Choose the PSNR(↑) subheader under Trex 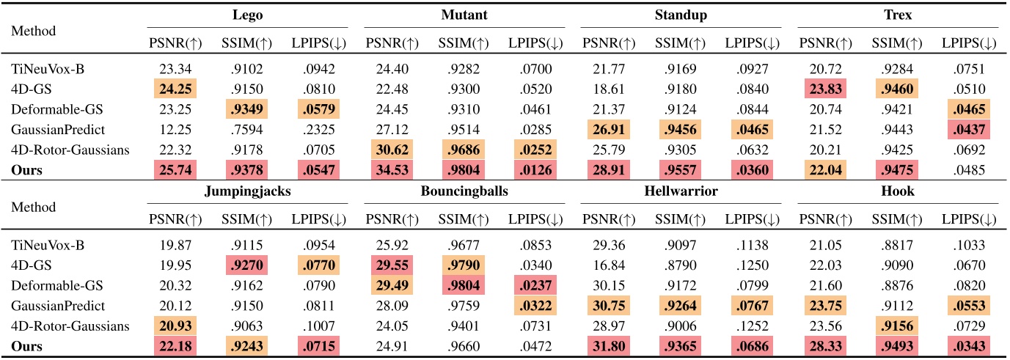pos(825,43)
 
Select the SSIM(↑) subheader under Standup pos(678,43)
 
